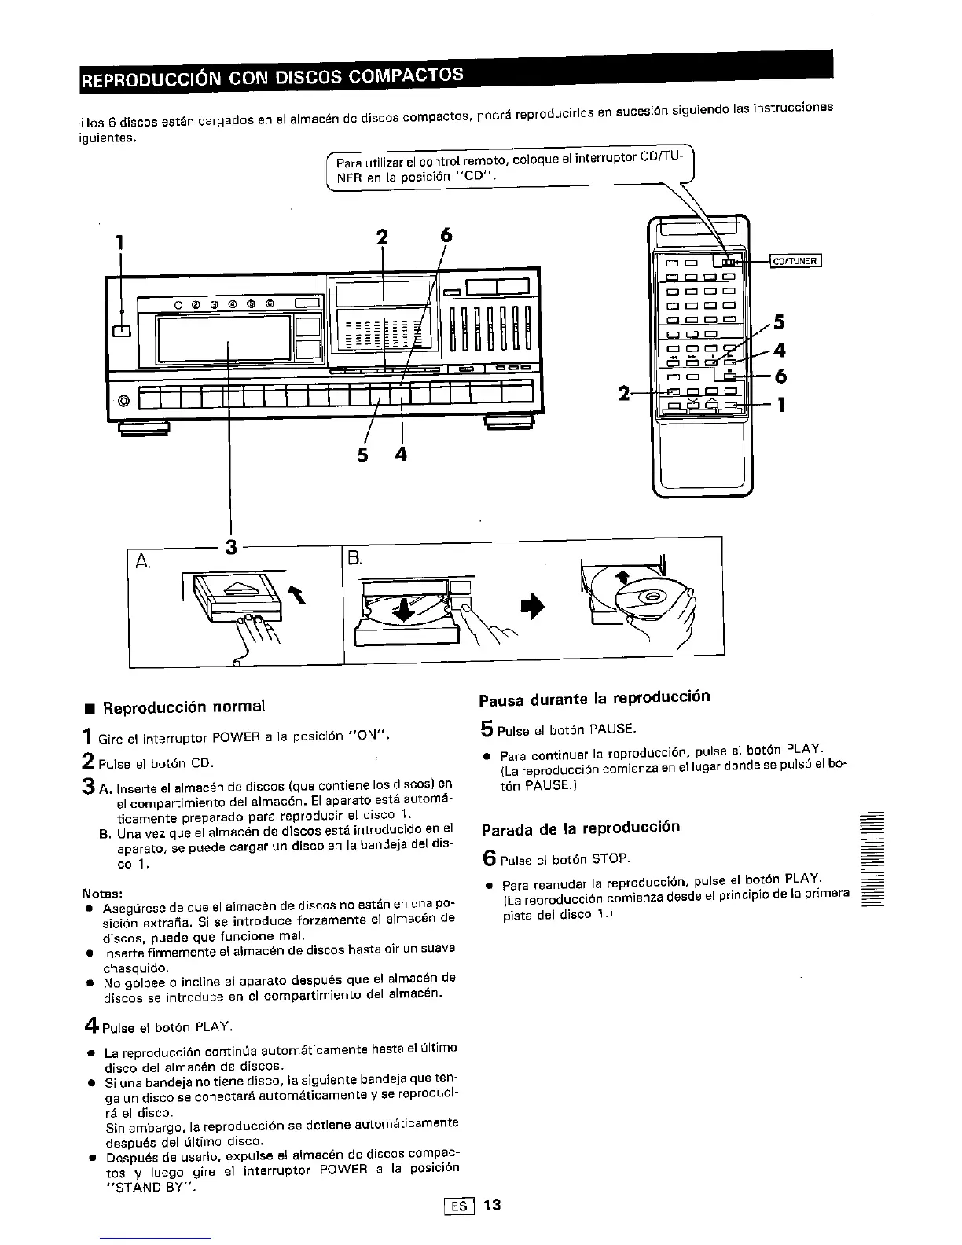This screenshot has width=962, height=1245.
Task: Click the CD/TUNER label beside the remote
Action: [x=795, y=262]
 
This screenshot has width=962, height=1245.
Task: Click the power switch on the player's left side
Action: [x=122, y=331]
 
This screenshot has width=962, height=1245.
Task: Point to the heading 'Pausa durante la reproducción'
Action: [x=594, y=697]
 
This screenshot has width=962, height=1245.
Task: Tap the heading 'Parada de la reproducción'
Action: [x=580, y=828]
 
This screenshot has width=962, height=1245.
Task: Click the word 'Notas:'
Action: [x=101, y=894]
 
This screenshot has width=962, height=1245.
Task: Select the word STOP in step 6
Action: [x=611, y=858]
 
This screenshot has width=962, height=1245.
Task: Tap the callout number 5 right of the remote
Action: [x=779, y=321]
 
